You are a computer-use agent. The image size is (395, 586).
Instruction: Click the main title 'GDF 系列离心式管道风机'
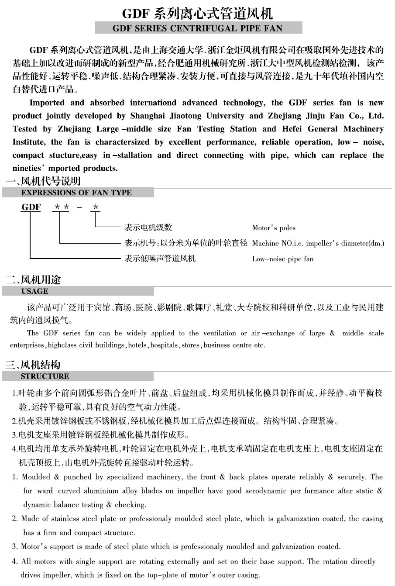click(197, 14)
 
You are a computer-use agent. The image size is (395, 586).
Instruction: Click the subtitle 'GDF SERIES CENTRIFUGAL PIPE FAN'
click(198, 29)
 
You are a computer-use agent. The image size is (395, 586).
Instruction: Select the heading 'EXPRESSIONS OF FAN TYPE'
click(76, 193)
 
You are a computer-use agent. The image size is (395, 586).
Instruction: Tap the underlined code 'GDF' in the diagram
click(31, 207)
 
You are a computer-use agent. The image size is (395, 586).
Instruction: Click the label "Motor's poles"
click(274, 228)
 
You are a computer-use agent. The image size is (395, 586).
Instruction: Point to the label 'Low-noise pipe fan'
click(283, 259)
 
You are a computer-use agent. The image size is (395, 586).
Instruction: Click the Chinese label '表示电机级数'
click(148, 228)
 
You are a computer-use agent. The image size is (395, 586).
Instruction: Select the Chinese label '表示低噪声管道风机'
click(160, 259)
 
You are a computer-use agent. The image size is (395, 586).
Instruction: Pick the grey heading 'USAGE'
click(35, 291)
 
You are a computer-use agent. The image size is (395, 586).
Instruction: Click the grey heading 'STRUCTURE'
click(45, 376)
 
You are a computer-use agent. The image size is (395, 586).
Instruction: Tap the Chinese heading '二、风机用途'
click(33, 280)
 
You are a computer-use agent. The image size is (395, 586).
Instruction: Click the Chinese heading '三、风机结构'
click(33, 365)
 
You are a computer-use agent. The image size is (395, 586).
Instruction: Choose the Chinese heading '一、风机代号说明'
click(43, 181)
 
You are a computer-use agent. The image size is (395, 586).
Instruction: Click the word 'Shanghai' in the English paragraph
click(149, 116)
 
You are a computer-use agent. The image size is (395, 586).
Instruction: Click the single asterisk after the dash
click(96, 207)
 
